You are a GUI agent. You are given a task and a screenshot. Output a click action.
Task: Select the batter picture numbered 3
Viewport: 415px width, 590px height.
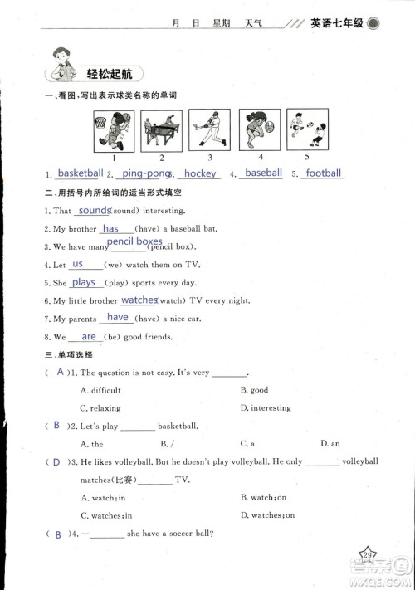pyautogui.click(x=209, y=129)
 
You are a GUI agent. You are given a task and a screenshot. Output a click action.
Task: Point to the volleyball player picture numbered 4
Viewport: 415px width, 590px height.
pyautogui.click(x=259, y=129)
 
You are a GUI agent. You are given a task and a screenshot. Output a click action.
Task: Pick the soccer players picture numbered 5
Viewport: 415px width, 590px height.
pyautogui.click(x=306, y=129)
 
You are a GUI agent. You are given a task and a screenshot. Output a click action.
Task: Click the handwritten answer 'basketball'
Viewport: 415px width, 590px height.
pyautogui.click(x=81, y=173)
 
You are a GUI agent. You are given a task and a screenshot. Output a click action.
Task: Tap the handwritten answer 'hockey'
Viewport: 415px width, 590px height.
pyautogui.click(x=199, y=173)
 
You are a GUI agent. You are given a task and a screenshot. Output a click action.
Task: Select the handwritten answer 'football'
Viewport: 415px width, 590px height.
pyautogui.click(x=323, y=173)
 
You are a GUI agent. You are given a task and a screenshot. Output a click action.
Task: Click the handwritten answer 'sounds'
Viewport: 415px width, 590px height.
pyautogui.click(x=95, y=211)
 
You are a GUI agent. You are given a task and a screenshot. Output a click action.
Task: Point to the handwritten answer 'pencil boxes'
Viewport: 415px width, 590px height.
pyautogui.click(x=134, y=241)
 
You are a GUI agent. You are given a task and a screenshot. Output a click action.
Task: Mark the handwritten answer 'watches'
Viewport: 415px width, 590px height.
pyautogui.click(x=139, y=300)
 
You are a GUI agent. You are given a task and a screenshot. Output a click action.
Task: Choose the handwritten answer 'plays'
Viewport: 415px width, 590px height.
pyautogui.click(x=84, y=282)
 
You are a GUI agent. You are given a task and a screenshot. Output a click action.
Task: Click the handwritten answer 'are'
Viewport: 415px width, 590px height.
pyautogui.click(x=89, y=337)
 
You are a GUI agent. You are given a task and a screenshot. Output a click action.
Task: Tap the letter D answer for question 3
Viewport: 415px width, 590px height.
pyautogui.click(x=56, y=461)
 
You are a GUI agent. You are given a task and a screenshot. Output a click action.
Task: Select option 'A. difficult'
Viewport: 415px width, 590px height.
pyautogui.click(x=100, y=390)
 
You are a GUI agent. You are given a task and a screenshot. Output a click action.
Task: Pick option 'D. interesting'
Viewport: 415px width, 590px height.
pyautogui.click(x=266, y=408)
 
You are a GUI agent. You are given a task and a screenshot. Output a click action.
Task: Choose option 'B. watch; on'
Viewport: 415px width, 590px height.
pyautogui.click(x=263, y=498)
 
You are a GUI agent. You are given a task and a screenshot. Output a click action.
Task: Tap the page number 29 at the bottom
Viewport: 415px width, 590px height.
pyautogui.click(x=366, y=555)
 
